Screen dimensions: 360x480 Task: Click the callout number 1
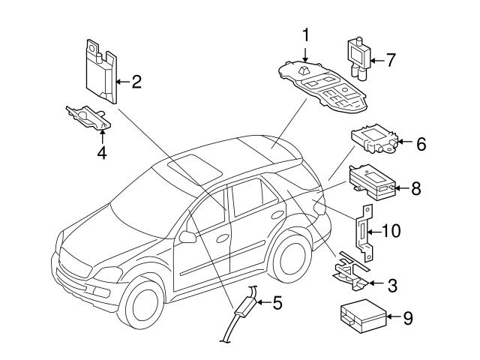306,34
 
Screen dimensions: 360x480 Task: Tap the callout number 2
136,81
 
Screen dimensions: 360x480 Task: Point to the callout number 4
102,153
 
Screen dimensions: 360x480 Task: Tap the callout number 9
407,318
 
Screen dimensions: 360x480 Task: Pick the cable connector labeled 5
244,309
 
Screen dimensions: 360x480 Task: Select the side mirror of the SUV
187,238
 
